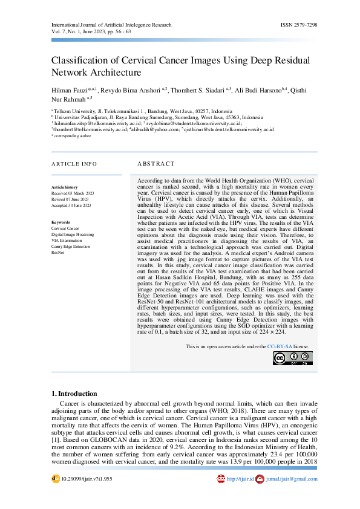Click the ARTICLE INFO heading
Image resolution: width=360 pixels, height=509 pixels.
74,164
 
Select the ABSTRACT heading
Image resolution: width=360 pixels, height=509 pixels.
155,164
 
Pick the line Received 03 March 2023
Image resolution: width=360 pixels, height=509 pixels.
73,193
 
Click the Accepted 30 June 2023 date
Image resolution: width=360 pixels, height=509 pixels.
71,206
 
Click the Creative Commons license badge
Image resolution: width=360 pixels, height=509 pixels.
293,358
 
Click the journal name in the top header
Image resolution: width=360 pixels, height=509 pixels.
111,25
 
